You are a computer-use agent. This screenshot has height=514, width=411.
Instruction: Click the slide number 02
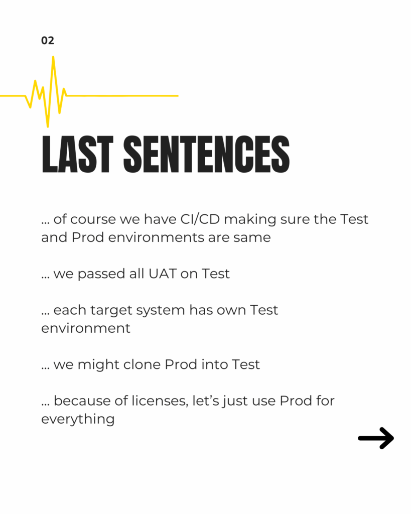tap(48, 40)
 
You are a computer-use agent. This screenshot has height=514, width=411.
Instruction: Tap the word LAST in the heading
tap(77, 154)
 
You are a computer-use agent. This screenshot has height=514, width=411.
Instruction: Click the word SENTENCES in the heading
tap(206, 154)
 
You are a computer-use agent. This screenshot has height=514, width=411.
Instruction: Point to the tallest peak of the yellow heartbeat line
tap(53, 57)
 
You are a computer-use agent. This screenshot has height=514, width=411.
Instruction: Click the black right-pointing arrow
tap(376, 438)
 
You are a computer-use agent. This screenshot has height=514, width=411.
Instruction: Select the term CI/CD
tap(200, 219)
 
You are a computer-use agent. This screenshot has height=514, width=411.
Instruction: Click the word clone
tap(142, 364)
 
